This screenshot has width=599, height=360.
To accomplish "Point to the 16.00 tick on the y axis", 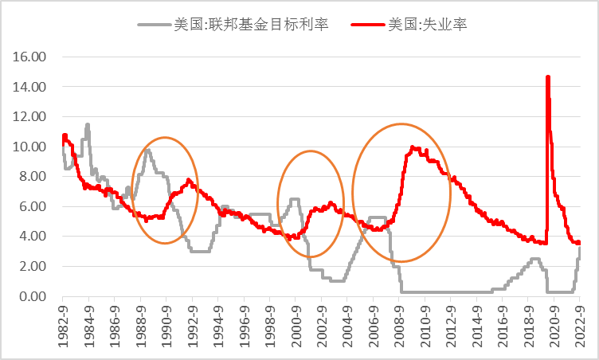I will (31, 57).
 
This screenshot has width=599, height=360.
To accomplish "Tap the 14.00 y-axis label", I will (31, 87).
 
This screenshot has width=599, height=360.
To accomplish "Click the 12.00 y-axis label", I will (31, 116).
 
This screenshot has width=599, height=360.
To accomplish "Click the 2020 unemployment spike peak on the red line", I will (547, 77).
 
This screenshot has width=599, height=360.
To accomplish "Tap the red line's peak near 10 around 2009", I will (412, 147).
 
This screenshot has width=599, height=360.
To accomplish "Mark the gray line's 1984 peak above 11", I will (88, 124).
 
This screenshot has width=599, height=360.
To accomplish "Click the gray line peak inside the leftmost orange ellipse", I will (147, 150).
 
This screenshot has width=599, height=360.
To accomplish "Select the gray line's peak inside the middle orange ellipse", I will (294, 199).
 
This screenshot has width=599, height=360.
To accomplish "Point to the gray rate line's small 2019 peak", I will (534, 259).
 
